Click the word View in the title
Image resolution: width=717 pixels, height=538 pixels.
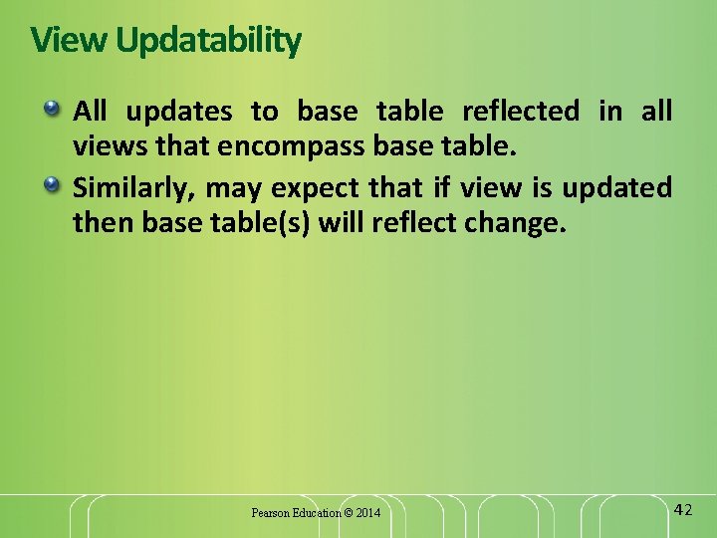tap(70, 41)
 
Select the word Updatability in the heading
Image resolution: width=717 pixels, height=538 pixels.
tap(208, 42)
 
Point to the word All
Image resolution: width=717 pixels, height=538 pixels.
tap(90, 111)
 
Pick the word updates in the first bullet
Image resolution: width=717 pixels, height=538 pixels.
tap(178, 112)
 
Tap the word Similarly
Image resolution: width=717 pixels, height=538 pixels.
tap(133, 187)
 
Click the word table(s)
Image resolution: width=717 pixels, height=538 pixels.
tap(263, 224)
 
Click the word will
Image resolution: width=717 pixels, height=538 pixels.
tap(342, 224)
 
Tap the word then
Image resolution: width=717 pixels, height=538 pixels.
tap(104, 224)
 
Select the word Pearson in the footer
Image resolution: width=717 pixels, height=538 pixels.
tap(270, 513)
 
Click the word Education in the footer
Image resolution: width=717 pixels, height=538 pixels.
tap(316, 513)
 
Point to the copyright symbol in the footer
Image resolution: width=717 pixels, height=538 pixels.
tap(348, 513)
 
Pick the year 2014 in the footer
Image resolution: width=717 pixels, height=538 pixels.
tap(367, 513)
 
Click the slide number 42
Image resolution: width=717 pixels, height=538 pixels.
tap(682, 510)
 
